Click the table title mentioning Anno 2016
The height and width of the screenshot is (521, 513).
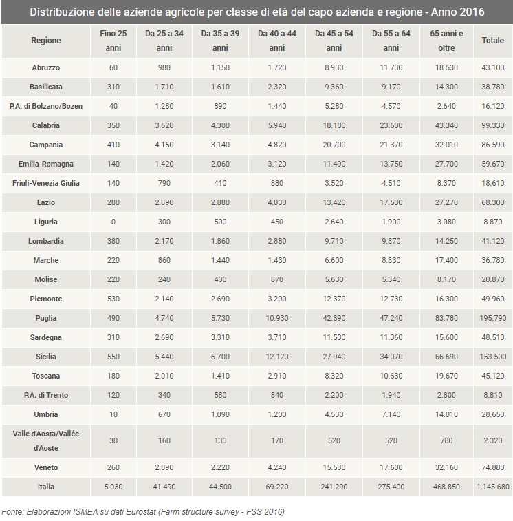256,12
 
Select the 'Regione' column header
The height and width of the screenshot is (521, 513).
46,41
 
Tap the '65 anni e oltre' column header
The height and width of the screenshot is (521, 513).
446,41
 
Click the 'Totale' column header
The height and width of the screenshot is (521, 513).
492,41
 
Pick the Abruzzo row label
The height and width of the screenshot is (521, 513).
46,67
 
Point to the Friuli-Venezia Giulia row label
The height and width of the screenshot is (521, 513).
46,183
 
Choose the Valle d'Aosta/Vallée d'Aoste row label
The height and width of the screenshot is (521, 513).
46,440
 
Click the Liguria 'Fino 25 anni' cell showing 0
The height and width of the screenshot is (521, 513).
113,222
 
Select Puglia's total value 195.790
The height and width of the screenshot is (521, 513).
492,318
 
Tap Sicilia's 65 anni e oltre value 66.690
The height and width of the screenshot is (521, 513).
446,357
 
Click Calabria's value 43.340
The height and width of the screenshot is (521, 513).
446,125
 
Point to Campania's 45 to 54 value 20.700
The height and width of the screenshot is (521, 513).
334,145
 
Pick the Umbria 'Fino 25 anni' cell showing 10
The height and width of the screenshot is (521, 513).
113,414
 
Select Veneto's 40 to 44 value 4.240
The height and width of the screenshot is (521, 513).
276,467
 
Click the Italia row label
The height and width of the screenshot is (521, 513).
46,487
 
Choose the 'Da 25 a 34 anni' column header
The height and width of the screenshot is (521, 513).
164,41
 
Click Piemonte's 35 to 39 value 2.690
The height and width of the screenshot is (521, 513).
220,299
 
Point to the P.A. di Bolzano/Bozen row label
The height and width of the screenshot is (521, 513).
46,106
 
